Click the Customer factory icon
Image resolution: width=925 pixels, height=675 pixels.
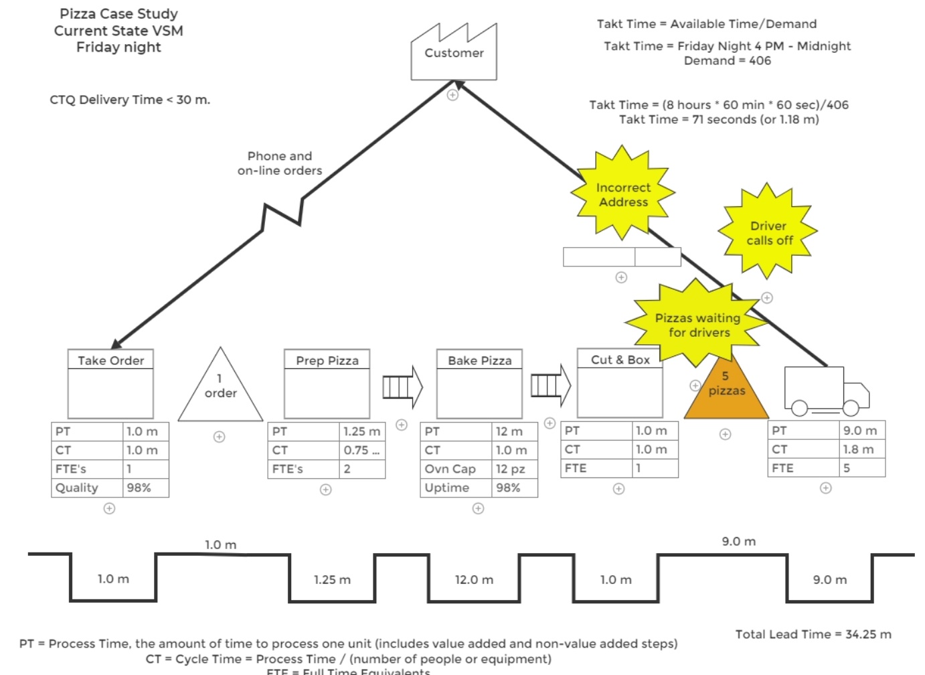click(453, 53)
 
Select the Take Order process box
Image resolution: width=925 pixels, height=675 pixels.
click(110, 384)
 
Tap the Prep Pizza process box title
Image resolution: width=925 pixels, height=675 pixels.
click(327, 360)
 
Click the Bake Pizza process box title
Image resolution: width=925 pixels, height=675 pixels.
click(479, 360)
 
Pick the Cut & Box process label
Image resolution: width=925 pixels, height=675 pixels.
click(620, 360)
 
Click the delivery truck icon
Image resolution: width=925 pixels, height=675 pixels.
click(826, 390)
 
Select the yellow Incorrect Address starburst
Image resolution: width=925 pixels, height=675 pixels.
click(623, 194)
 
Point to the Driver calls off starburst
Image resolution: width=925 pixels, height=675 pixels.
click(768, 232)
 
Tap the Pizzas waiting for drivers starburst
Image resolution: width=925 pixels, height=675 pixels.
click(697, 325)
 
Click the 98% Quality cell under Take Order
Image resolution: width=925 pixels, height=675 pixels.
click(146, 487)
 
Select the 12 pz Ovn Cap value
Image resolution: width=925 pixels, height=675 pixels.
click(515, 469)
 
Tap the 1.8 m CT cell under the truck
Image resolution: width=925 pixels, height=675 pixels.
click(862, 449)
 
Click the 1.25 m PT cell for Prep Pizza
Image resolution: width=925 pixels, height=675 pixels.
click(362, 431)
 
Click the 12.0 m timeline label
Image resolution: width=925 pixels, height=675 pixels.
click(474, 580)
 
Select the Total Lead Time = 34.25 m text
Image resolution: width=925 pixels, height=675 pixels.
click(813, 634)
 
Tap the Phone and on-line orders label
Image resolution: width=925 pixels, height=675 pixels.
click(280, 163)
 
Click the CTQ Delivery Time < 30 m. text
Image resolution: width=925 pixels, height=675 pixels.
click(130, 100)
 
